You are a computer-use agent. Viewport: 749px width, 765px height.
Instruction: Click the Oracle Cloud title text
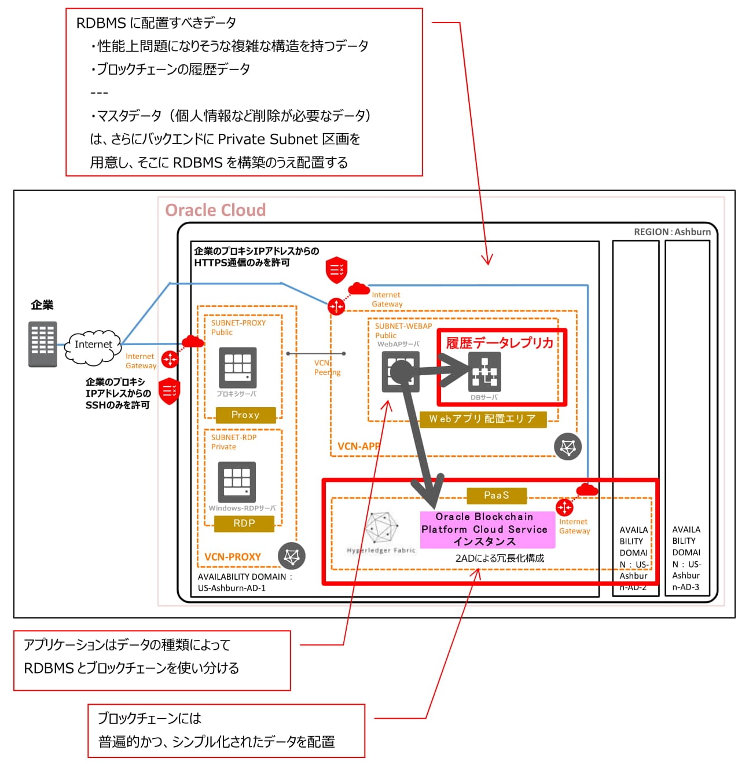(215, 210)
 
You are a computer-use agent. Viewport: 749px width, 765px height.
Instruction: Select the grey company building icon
(43, 344)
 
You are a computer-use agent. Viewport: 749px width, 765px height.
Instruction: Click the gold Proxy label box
(245, 415)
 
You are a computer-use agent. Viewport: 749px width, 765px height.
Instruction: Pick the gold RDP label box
(244, 524)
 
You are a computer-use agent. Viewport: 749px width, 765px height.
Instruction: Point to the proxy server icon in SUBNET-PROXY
(237, 368)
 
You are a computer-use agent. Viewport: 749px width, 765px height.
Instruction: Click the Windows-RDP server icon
(237, 482)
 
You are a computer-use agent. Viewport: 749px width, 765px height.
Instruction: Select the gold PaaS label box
(497, 496)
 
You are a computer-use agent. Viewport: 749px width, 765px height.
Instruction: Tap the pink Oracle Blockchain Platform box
(485, 529)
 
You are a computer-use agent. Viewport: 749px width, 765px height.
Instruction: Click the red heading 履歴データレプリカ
(500, 343)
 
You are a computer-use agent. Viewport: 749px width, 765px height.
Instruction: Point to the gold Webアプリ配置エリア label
(482, 419)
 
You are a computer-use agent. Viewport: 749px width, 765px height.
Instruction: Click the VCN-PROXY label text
(233, 557)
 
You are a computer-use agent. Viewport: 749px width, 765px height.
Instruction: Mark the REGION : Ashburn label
(672, 232)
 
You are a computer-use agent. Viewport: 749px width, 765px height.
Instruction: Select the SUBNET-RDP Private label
(233, 442)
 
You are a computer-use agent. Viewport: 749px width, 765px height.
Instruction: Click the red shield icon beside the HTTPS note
(336, 270)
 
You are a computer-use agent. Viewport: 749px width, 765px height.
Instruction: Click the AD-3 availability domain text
(686, 558)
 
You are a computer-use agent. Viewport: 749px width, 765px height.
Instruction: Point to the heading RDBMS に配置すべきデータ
(156, 23)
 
